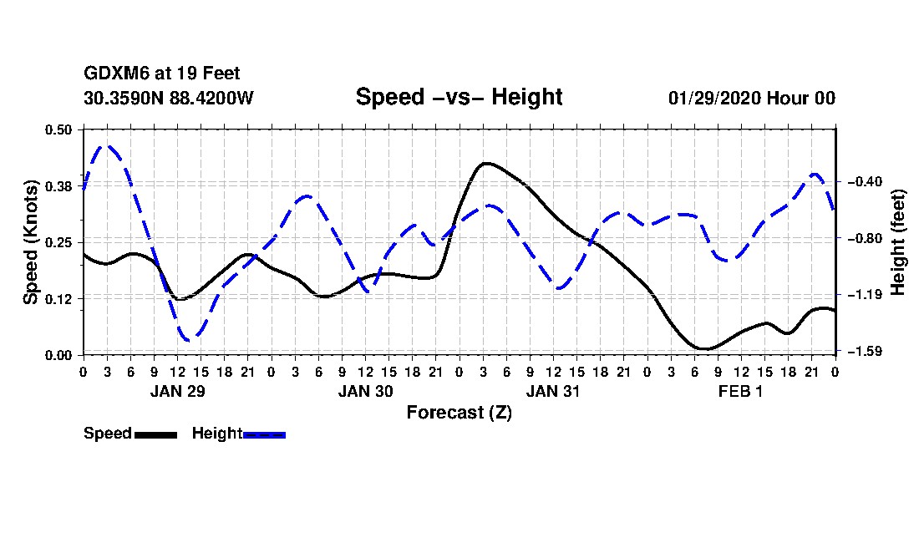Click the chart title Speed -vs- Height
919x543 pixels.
pos(459,97)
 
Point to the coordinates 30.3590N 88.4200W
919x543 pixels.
pos(168,98)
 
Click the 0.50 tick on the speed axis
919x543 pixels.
pos(59,129)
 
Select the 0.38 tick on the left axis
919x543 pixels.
pos(59,185)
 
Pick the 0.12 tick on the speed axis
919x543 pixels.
pos(59,298)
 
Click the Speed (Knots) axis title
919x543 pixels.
pos(31,241)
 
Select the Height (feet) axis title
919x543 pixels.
pos(898,241)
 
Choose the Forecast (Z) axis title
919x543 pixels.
pos(459,412)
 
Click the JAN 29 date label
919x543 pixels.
pos(177,391)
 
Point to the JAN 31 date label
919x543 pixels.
pos(553,391)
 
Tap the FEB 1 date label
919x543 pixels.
pos(740,391)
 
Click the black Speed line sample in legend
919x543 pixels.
pos(155,434)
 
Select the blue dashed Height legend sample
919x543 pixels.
pos(264,434)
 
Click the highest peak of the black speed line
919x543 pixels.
pos(485,163)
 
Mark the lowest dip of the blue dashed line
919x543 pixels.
pos(190,339)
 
